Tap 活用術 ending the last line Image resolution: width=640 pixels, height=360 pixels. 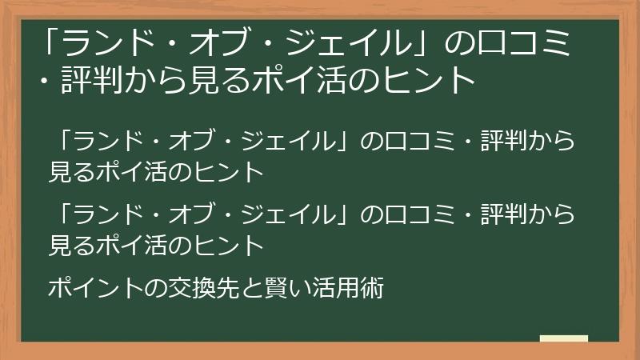tap(352, 287)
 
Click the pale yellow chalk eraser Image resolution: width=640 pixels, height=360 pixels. tap(563, 339)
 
